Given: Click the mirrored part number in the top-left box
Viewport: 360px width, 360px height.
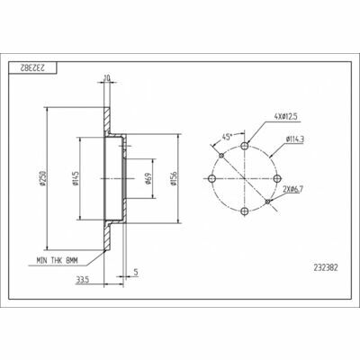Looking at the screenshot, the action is [x=32, y=67].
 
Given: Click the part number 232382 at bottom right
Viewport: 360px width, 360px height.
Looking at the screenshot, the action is [x=326, y=267].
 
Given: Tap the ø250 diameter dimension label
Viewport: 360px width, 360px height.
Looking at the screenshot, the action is [x=43, y=178].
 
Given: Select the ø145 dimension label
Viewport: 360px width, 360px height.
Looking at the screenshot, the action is [x=75, y=178].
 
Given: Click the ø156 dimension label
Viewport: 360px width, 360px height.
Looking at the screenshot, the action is [x=173, y=178].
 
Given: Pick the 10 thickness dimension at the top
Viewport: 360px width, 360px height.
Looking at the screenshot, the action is [x=107, y=77].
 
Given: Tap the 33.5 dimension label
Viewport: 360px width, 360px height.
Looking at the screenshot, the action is [x=83, y=280].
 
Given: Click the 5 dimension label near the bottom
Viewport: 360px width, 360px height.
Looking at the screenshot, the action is [x=136, y=272].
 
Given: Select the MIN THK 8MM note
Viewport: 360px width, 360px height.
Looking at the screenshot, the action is [x=57, y=261].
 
